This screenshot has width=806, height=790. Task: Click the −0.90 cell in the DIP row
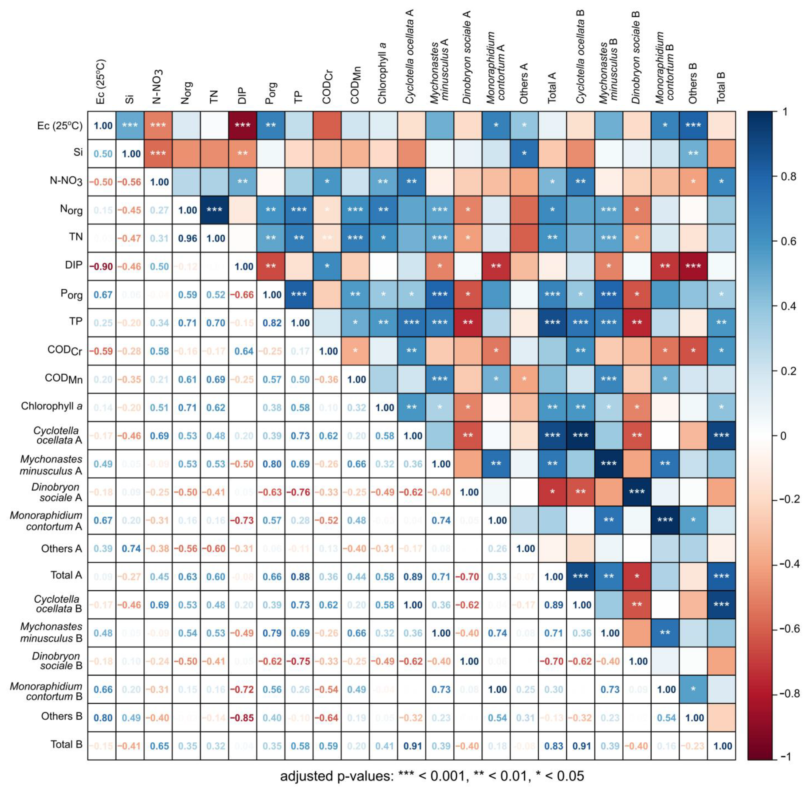point(102,266)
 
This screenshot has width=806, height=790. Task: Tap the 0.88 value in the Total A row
point(300,577)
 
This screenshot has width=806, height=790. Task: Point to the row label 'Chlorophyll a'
point(52,406)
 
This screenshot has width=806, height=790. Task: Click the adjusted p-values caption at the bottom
point(432,776)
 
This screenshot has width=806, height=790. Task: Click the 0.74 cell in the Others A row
point(131,549)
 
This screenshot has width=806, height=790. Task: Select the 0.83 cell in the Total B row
point(553,746)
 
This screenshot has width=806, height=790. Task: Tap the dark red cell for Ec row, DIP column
point(242,125)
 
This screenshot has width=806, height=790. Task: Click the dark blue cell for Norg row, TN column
point(214,210)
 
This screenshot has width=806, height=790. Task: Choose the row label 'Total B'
point(66,744)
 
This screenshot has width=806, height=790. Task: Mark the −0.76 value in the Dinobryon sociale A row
point(300,492)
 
